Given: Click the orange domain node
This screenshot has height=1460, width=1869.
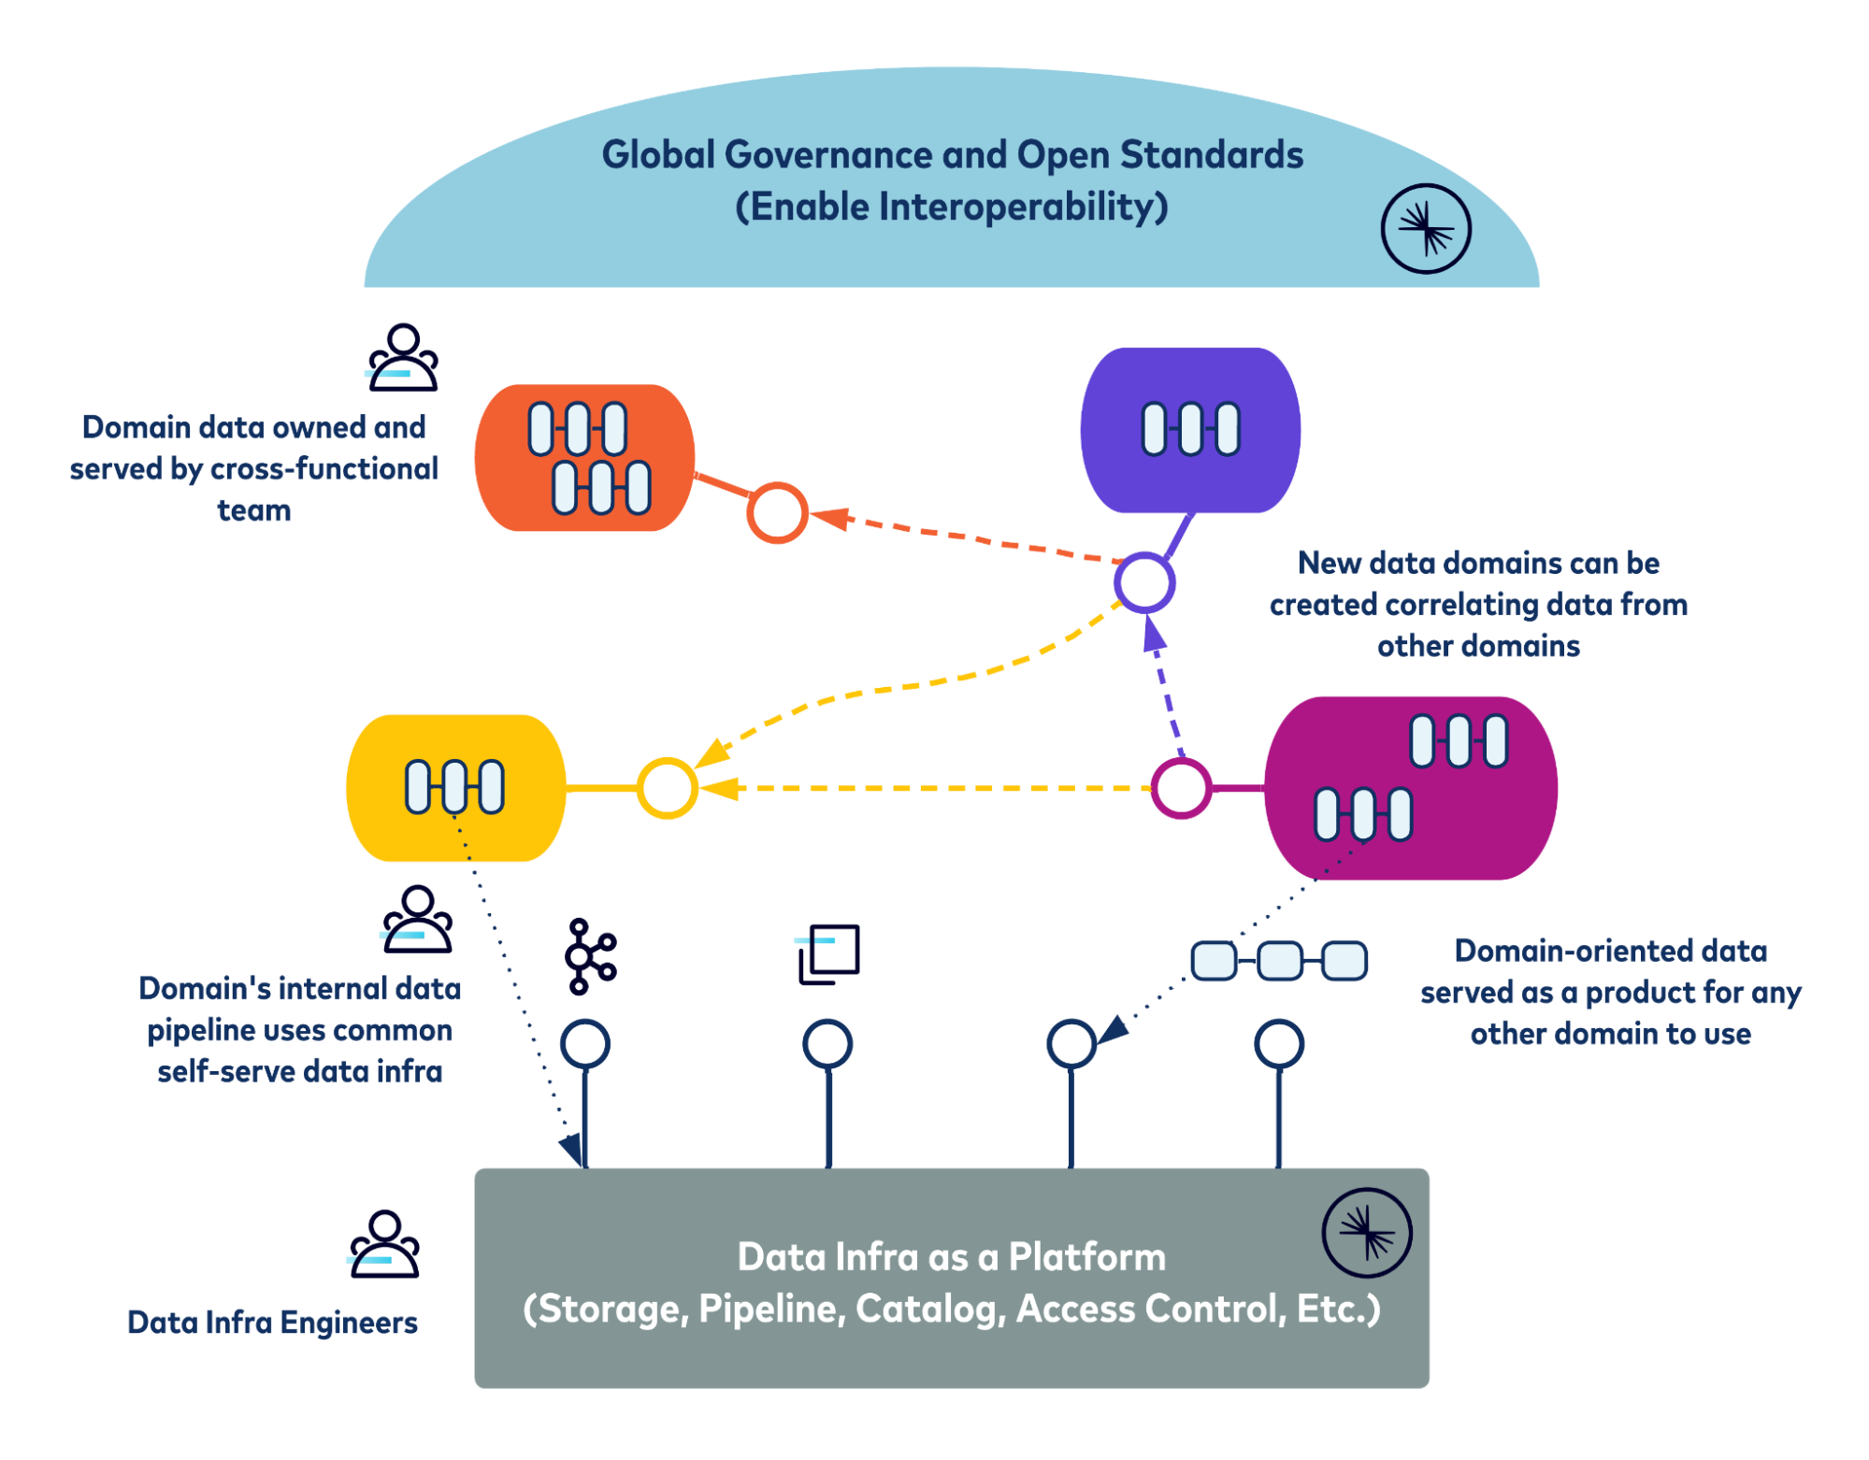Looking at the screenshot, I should [x=584, y=457].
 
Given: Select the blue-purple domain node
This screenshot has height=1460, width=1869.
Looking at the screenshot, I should [x=1189, y=430].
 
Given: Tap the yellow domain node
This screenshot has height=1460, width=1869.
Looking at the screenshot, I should [x=455, y=787].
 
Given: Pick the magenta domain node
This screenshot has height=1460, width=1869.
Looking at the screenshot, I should [x=1410, y=787].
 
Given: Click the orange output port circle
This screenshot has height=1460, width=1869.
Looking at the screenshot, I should [x=776, y=512].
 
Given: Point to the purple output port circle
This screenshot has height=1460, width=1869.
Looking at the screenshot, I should [x=1143, y=582].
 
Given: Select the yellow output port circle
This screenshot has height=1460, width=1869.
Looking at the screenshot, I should [x=667, y=787].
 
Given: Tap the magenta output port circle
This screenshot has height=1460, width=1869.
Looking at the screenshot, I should [x=1180, y=787].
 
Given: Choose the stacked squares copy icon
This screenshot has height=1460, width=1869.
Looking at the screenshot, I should [x=827, y=954].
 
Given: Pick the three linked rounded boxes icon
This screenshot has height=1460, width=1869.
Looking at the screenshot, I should [x=1278, y=960].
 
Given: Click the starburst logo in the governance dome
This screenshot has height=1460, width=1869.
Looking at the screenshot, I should [x=1425, y=228].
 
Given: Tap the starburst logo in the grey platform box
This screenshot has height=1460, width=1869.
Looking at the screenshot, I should [x=1366, y=1232].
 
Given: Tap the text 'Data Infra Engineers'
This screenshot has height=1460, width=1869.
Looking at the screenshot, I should [x=272, y=1322].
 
